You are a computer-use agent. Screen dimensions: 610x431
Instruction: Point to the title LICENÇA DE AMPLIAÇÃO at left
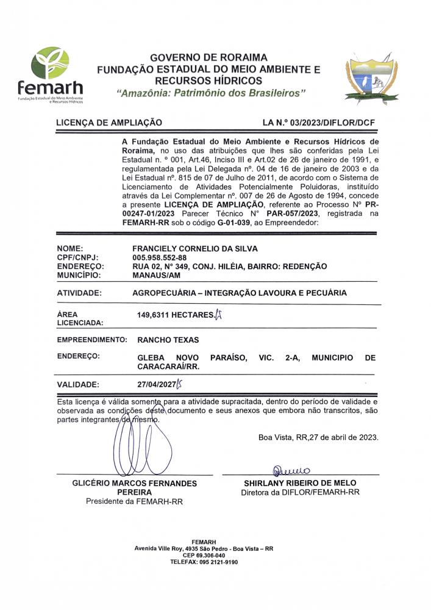109,123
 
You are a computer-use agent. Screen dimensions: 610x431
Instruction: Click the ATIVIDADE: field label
79,293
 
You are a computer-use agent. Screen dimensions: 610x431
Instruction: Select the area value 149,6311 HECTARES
176,315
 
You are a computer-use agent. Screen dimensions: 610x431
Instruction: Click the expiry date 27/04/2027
157,385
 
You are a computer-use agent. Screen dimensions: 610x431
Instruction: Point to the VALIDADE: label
77,385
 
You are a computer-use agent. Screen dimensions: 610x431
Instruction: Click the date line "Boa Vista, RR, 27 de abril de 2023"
318,437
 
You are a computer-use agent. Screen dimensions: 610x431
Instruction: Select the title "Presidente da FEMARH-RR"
134,502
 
